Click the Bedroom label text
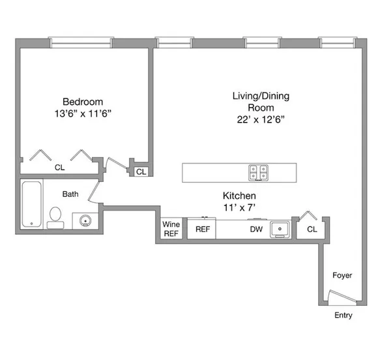click(83, 102)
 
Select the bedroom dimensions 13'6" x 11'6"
click(83, 113)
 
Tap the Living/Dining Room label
click(261, 102)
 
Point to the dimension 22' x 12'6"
click(261, 119)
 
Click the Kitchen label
click(239, 196)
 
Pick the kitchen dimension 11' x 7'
click(239, 207)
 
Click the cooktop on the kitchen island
click(258, 172)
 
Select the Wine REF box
click(171, 229)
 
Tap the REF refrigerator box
click(203, 229)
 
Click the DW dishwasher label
click(255, 229)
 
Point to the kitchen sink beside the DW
click(280, 229)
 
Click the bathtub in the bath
click(31, 204)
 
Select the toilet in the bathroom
click(55, 215)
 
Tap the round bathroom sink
click(84, 220)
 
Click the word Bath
click(70, 194)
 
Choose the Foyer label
click(342, 275)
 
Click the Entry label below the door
click(343, 316)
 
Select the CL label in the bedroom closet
click(59, 168)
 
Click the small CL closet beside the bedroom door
click(141, 172)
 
